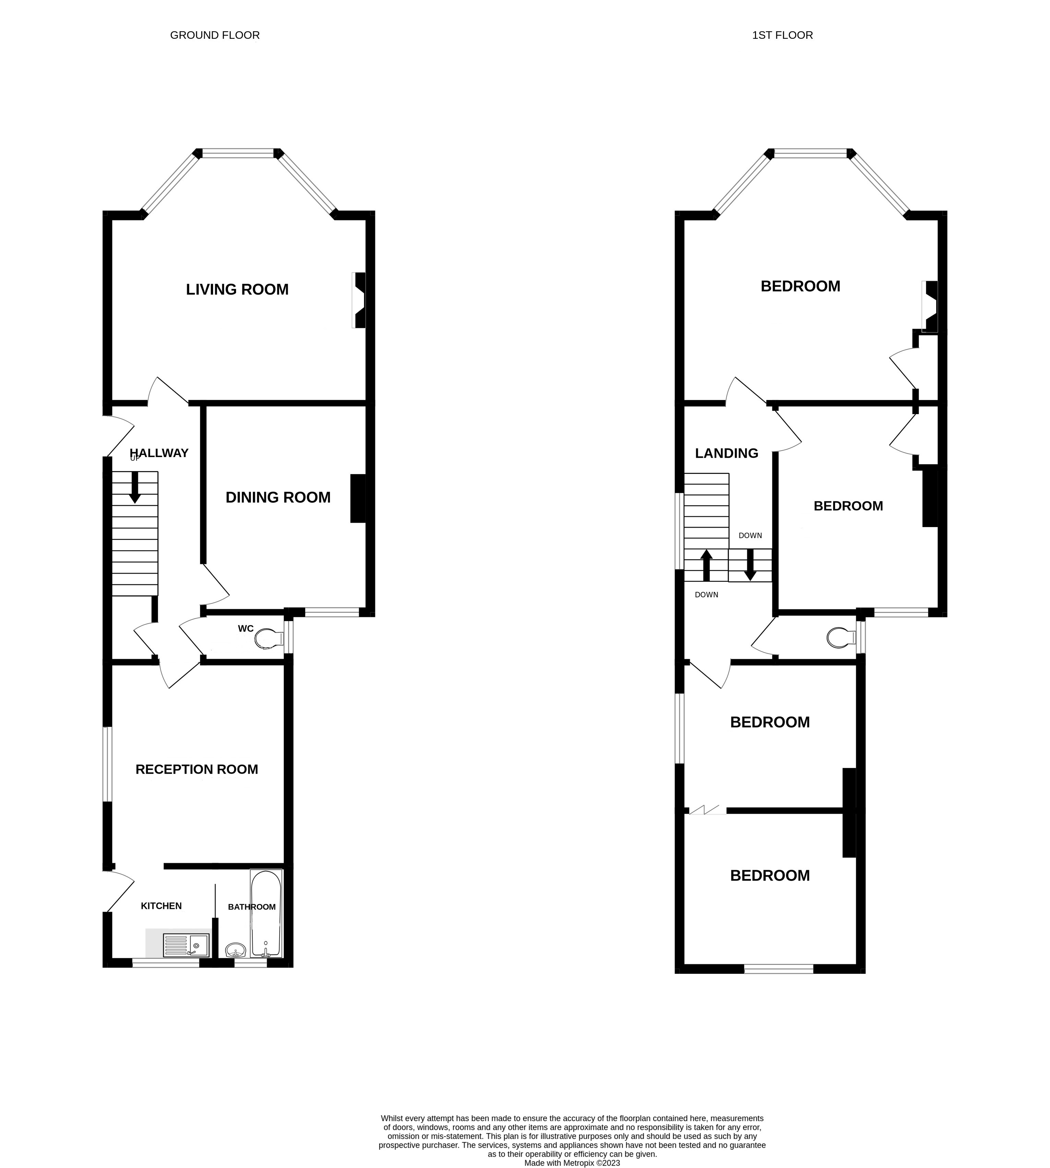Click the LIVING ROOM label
point(237,290)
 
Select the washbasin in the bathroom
point(235,949)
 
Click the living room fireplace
point(359,300)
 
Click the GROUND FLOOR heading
point(215,35)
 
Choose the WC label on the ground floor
point(246,629)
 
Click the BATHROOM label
point(251,907)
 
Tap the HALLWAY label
point(159,453)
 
